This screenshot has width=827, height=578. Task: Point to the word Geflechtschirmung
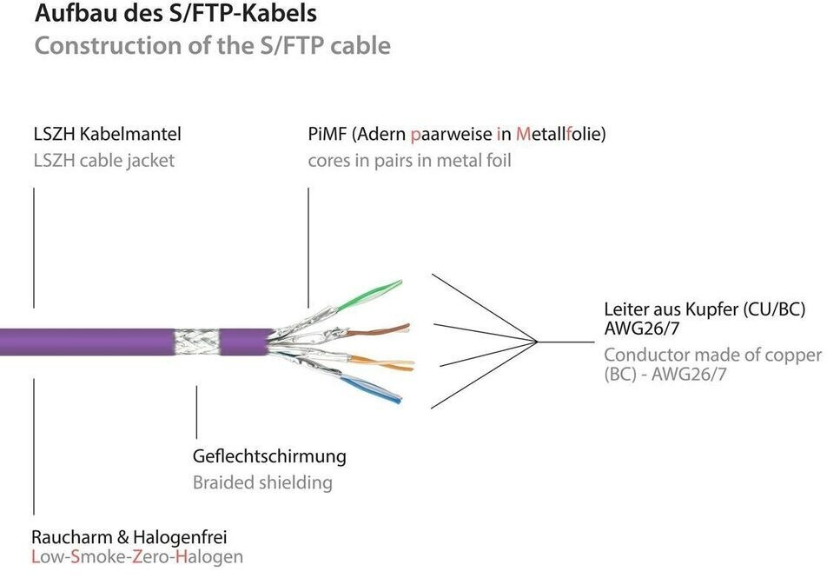(x=268, y=455)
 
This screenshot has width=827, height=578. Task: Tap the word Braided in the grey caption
(x=222, y=482)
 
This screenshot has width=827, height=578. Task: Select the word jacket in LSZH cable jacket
(x=151, y=160)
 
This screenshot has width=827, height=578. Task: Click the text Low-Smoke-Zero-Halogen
(x=137, y=557)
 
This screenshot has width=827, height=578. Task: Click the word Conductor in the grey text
(x=645, y=355)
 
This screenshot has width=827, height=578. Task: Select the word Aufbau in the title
(x=66, y=14)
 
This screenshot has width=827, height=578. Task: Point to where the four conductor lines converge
(x=539, y=341)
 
